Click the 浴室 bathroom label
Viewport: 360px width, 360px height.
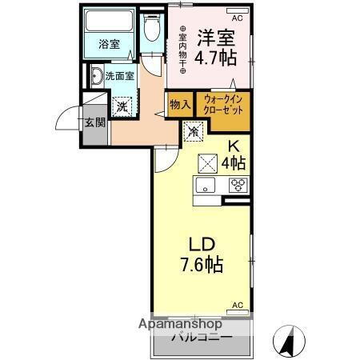[x=110, y=45]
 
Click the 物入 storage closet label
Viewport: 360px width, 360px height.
[x=179, y=104]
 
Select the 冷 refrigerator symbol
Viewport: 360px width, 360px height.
[x=194, y=130]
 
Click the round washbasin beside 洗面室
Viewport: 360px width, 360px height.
[x=95, y=78]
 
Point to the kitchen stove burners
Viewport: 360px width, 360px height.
[x=236, y=185]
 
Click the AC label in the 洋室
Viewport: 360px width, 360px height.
[x=237, y=17]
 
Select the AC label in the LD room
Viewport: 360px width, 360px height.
[x=238, y=305]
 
